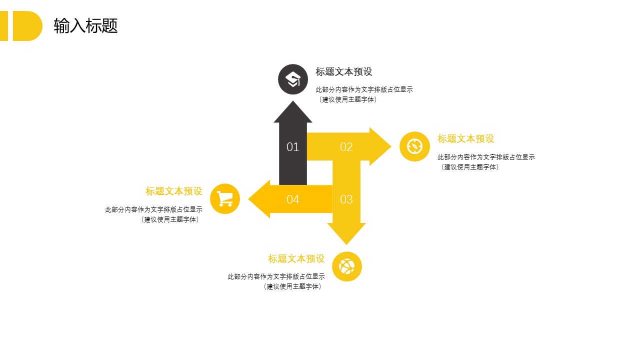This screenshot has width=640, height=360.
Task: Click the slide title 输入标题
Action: click(85, 25)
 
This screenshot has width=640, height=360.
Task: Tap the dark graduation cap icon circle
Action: click(293, 79)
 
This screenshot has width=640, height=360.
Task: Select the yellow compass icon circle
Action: click(414, 146)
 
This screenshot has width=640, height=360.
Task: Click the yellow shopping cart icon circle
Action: click(225, 199)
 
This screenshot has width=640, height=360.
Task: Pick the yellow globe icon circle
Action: click(347, 266)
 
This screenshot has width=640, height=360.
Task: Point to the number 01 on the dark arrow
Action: click(292, 147)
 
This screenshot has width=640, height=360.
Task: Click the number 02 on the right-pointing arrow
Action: click(346, 147)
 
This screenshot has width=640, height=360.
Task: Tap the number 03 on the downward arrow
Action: click(346, 199)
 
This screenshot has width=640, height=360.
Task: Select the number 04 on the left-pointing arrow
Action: click(292, 199)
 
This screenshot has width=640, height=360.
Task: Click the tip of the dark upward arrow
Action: click(293, 101)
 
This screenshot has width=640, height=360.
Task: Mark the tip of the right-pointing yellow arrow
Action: click(391, 146)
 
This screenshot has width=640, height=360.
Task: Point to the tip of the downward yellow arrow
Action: click(346, 244)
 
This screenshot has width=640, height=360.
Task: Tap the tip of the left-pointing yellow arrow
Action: click(248, 199)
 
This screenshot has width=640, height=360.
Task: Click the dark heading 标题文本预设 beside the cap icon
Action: click(343, 71)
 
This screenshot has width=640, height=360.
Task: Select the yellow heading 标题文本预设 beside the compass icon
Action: click(465, 139)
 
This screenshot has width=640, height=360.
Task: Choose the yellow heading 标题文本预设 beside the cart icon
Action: click(173, 191)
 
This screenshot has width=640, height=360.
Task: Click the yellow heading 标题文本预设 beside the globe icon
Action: click(296, 258)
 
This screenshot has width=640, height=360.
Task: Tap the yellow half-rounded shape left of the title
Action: click(27, 26)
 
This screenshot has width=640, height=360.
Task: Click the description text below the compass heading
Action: click(486, 162)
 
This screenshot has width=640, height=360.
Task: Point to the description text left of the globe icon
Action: click(276, 281)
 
